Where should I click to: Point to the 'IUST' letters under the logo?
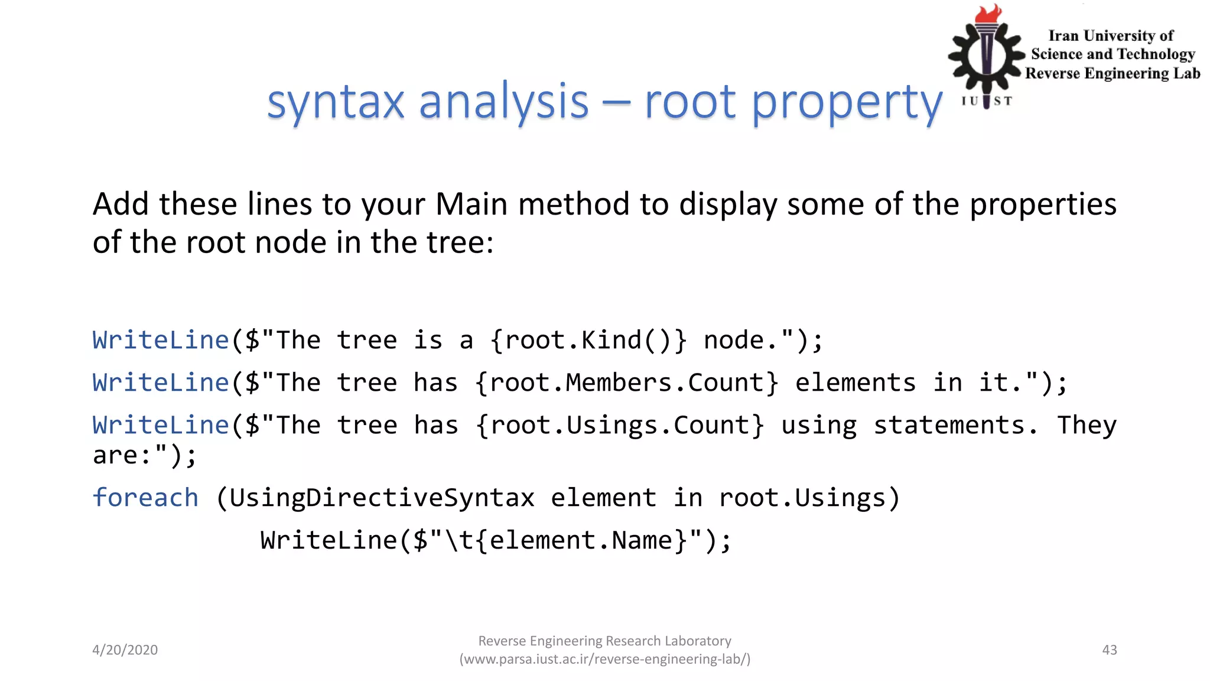[x=987, y=101]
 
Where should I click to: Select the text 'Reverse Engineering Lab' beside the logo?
[x=1113, y=73]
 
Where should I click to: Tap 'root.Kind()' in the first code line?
[x=588, y=340]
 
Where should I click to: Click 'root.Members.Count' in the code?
[x=627, y=383]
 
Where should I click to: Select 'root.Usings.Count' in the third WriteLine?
[x=620, y=426]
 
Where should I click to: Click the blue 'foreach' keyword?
[x=145, y=498]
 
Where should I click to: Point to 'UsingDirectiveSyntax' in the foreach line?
[x=382, y=498]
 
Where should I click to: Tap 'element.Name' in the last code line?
[x=581, y=540]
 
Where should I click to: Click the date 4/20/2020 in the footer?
[x=125, y=650]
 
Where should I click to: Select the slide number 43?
[x=1110, y=650]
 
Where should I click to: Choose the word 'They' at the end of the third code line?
[x=1087, y=426]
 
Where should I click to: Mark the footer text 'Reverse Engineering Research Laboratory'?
[x=604, y=641]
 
